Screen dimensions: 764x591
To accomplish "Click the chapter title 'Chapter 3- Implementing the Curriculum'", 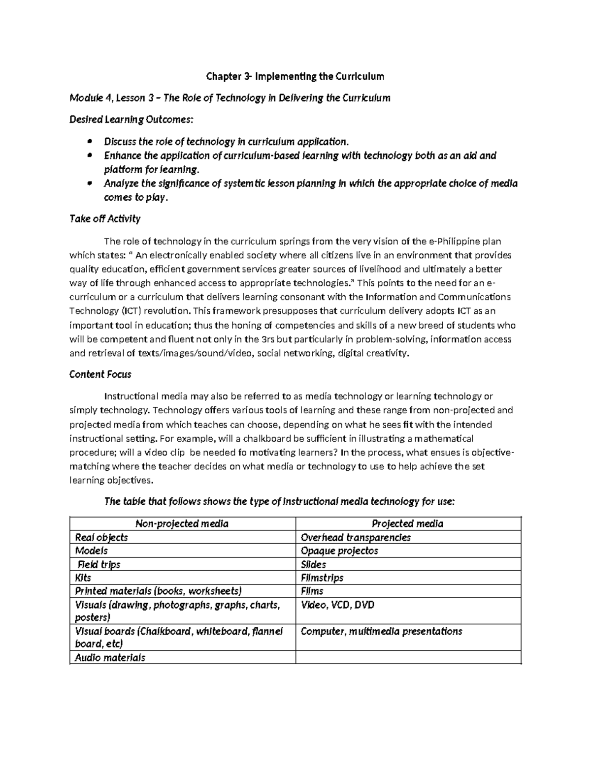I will click(x=295, y=76).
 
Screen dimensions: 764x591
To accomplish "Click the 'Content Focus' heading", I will click(x=100, y=374).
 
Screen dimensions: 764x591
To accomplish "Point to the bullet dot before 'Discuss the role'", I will click(x=89, y=142).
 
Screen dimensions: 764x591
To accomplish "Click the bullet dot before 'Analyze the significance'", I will click(x=89, y=184).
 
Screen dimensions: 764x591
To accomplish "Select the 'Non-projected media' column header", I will click(x=182, y=523).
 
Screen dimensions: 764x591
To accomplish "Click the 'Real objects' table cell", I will click(x=101, y=537).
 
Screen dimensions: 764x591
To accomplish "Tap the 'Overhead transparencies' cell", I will click(x=355, y=537).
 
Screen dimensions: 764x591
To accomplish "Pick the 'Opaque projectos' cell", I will click(x=339, y=550).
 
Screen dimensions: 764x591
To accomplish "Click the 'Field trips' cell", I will click(x=98, y=564).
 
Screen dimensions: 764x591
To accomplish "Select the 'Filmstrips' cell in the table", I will click(x=322, y=578).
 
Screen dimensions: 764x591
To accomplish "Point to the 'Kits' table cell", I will click(x=83, y=578).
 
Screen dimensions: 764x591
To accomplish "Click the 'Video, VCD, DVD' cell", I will click(x=337, y=605).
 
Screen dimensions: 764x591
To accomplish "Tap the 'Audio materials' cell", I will click(x=109, y=657).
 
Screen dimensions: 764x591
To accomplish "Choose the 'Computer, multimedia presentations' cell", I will click(x=381, y=631).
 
